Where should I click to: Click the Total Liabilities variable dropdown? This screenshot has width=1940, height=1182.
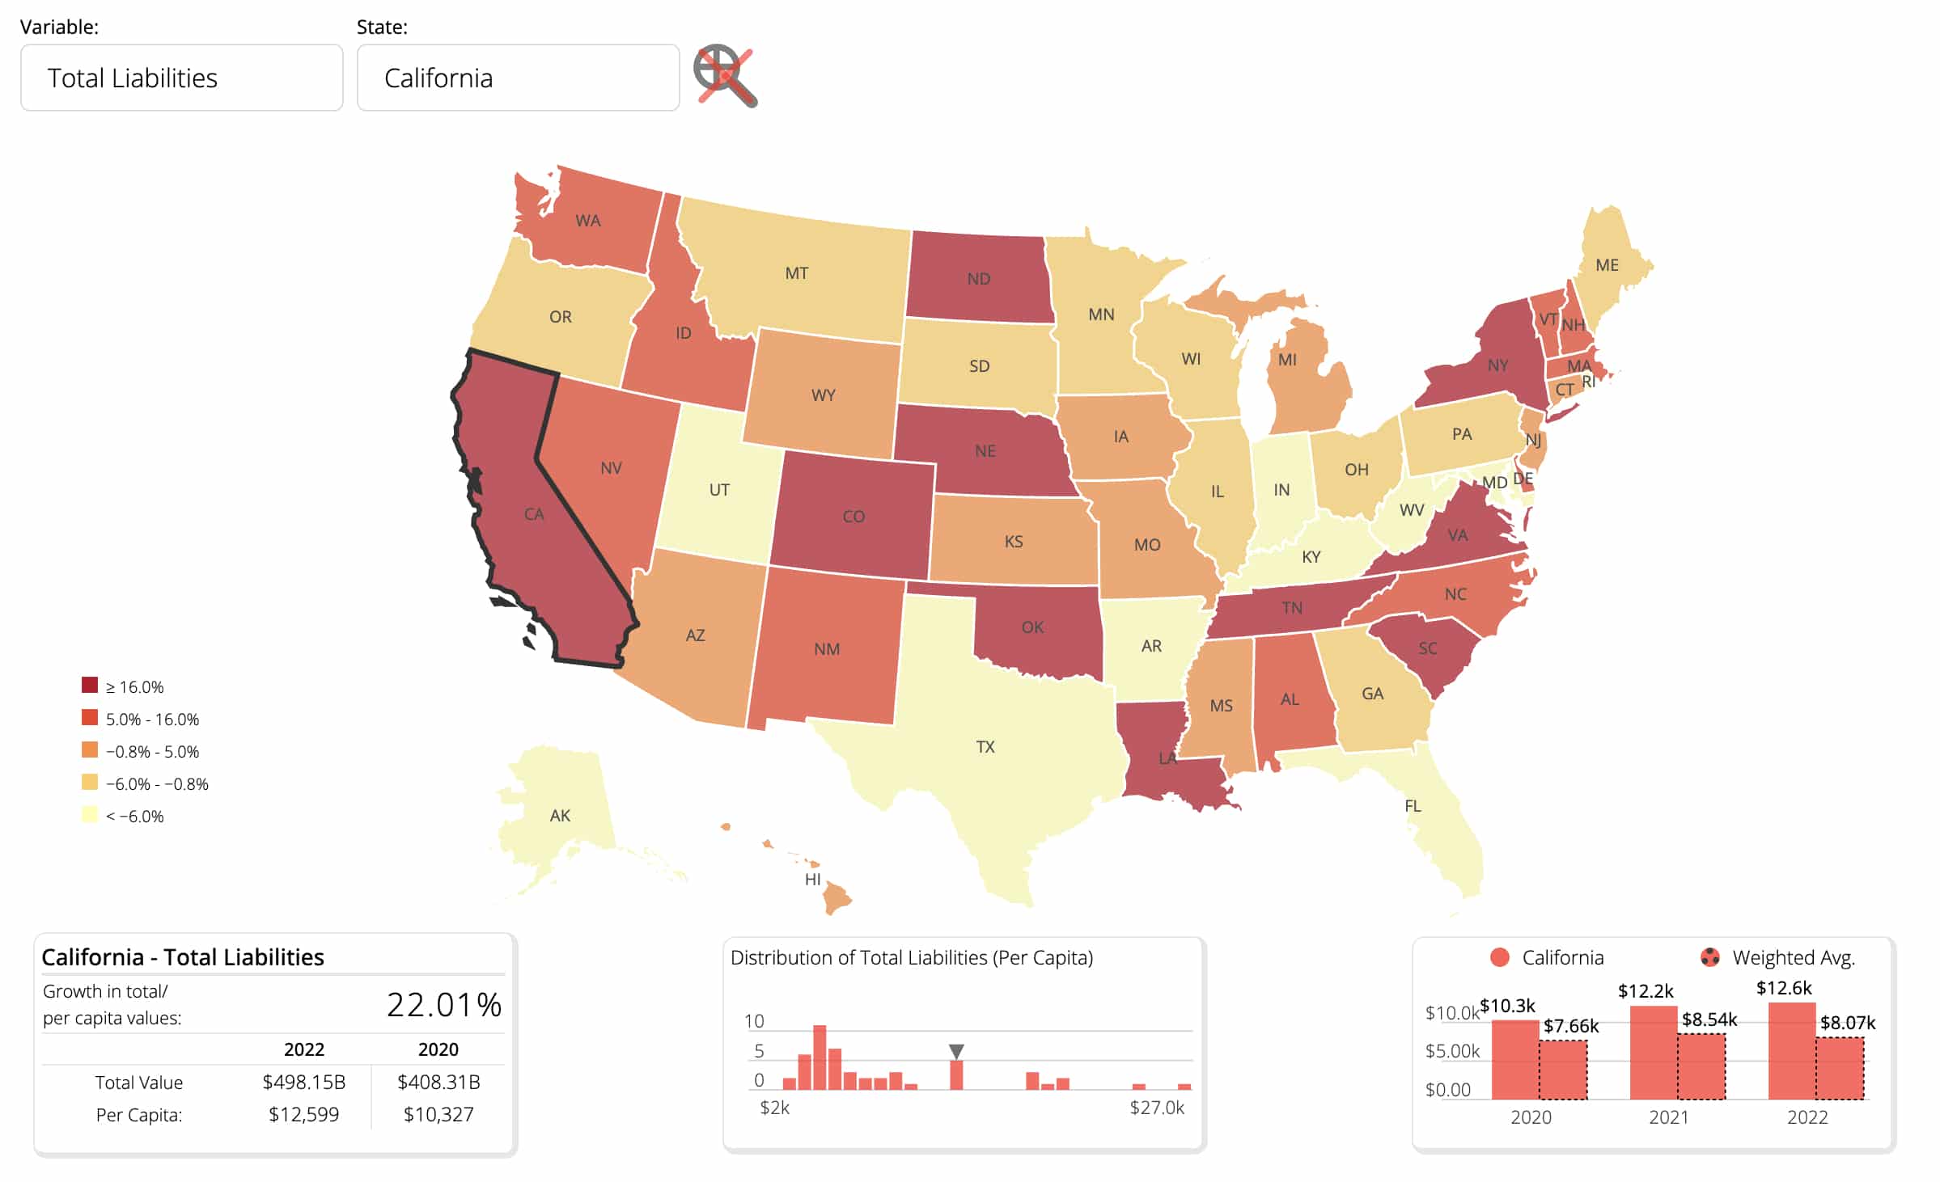click(x=181, y=78)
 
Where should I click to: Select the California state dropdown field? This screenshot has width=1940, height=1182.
click(x=518, y=78)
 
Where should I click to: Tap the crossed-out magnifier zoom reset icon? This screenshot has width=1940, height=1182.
click(x=725, y=76)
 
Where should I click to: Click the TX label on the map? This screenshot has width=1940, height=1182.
click(x=985, y=746)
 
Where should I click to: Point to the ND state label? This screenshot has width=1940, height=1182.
click(x=978, y=279)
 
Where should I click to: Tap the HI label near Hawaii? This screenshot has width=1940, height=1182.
click(x=812, y=880)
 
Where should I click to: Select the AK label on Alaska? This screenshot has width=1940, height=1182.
click(x=560, y=816)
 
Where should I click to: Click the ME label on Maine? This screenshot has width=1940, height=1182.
click(x=1607, y=265)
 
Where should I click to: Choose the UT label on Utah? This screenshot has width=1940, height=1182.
click(x=718, y=490)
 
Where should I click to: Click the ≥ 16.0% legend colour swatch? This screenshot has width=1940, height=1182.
click(x=90, y=686)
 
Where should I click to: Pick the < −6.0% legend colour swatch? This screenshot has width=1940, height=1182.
click(x=90, y=815)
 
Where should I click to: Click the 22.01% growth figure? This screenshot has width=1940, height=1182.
click(x=443, y=1005)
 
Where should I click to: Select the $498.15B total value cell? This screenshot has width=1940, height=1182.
click(x=303, y=1082)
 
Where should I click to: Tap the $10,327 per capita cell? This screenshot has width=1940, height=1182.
click(x=438, y=1115)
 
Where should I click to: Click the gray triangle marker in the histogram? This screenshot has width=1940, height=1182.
click(x=956, y=1051)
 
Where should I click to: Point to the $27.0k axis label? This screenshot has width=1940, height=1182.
click(x=1156, y=1108)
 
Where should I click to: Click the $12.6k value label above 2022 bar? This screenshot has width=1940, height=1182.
click(x=1783, y=988)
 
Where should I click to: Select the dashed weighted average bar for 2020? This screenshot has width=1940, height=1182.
click(x=1562, y=1069)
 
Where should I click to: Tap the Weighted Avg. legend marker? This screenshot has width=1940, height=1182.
click(x=1709, y=957)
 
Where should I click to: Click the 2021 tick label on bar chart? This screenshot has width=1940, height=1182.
click(x=1668, y=1117)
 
